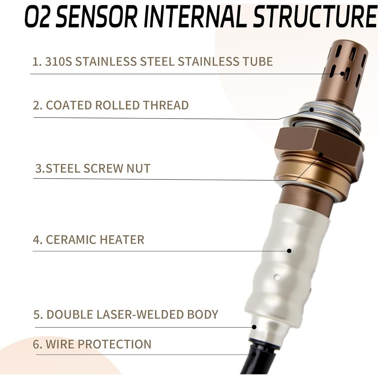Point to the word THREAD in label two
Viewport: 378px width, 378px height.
point(166,105)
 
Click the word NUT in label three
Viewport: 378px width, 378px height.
point(138,168)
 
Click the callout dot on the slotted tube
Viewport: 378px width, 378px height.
point(342,74)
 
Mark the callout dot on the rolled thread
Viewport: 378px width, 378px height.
point(312,109)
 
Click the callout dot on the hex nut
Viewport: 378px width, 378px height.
point(321,155)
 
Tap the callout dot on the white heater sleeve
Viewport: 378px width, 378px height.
point(289,251)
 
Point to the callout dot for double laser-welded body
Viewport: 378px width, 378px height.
point(254,327)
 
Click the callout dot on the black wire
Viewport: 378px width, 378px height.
point(254,354)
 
